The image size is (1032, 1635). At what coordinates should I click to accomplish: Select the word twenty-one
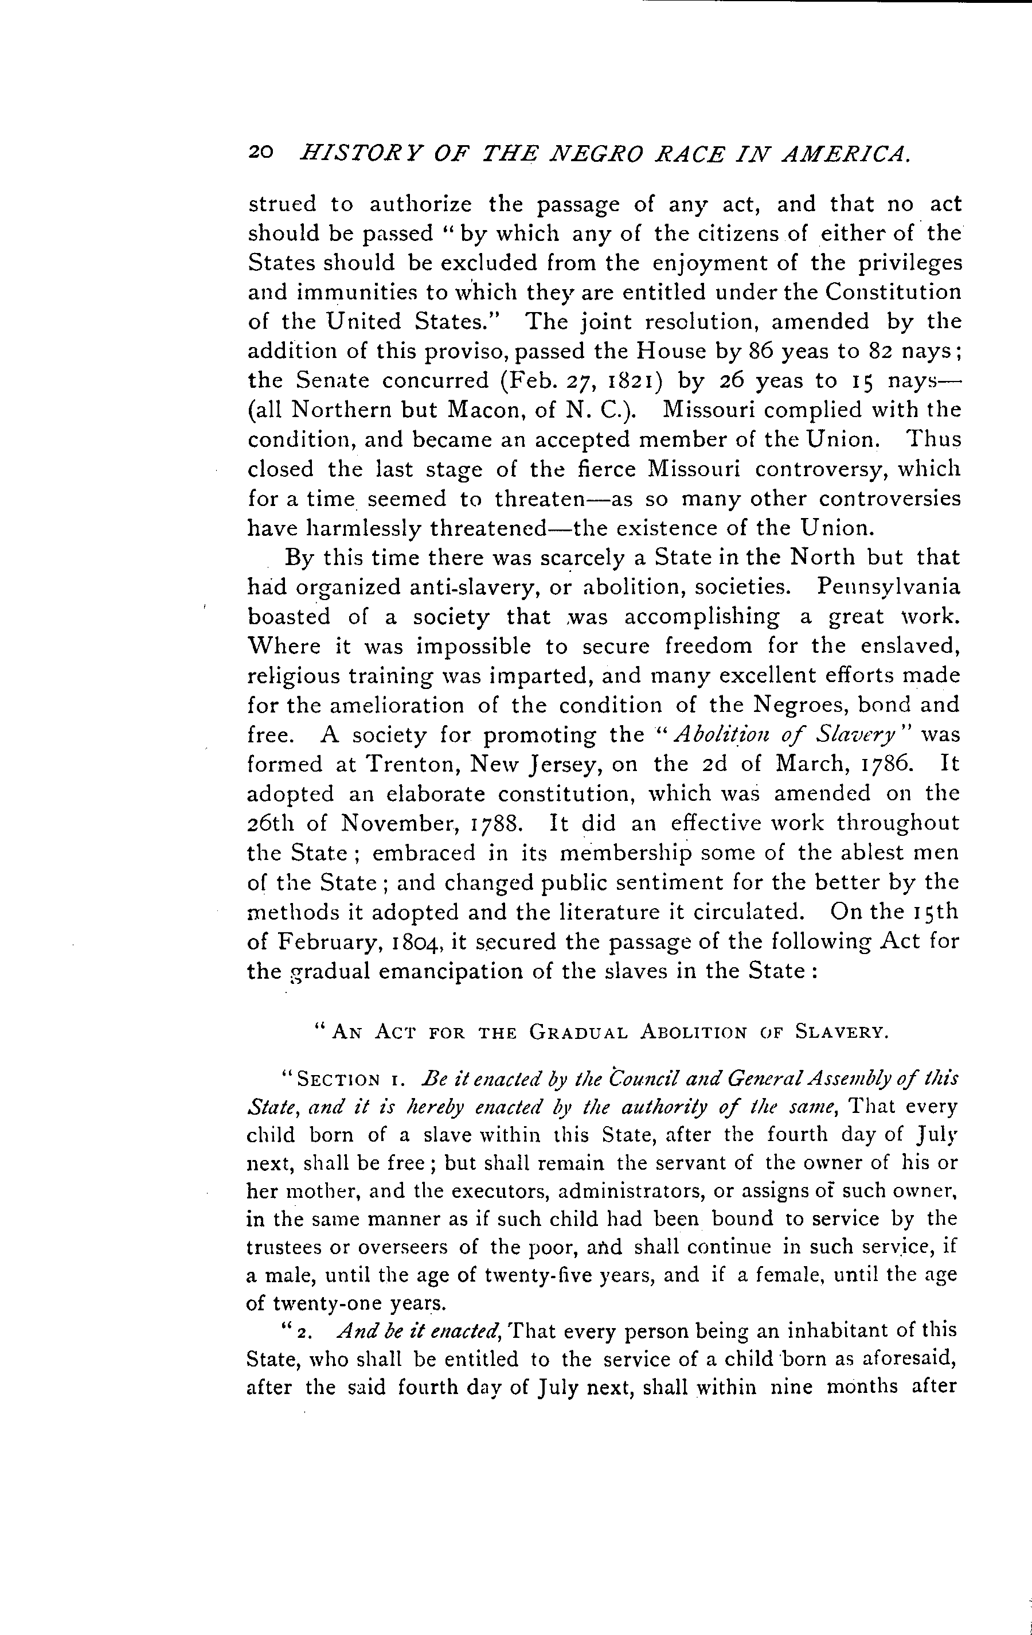pos(327,1303)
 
